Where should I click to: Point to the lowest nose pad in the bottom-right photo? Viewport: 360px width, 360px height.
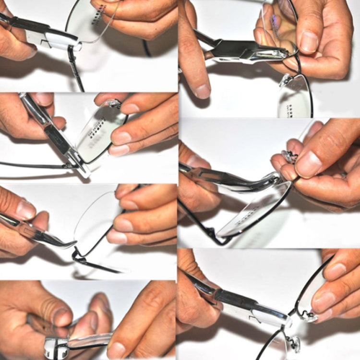[293, 343]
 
